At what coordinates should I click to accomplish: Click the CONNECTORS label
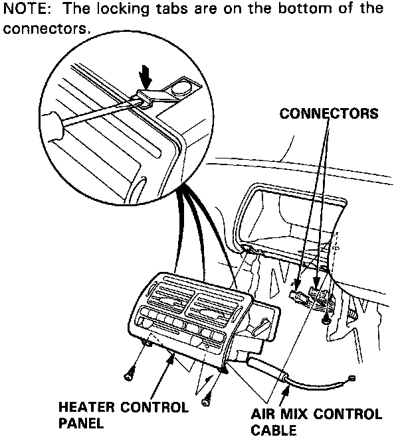[x=329, y=113]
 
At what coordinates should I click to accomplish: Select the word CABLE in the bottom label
[x=274, y=430]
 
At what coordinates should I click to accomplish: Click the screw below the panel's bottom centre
[x=207, y=399]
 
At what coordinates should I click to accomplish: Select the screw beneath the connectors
[x=325, y=320]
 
